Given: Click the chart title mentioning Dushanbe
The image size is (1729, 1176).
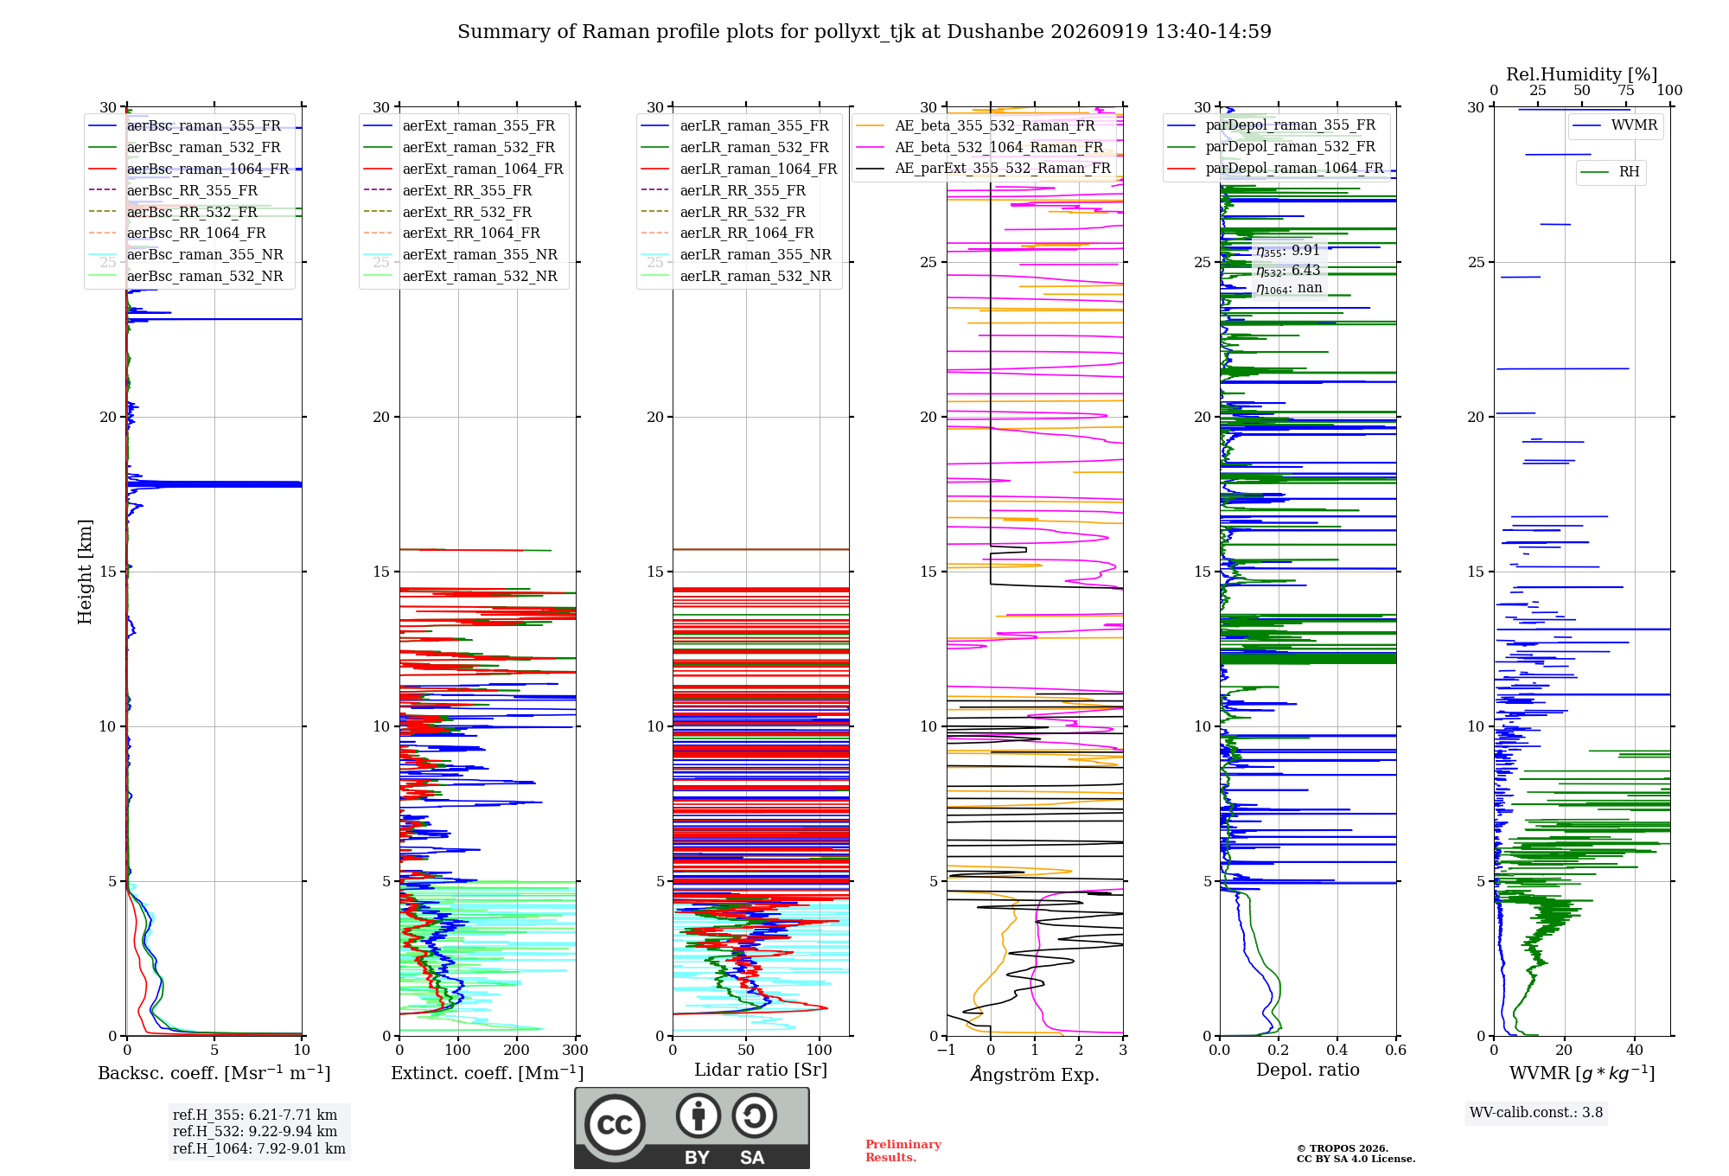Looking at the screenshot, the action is click(x=864, y=32).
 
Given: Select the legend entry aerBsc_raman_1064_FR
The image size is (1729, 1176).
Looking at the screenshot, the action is click(x=207, y=169).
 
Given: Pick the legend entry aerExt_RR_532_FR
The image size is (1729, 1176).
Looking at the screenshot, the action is click(x=467, y=212).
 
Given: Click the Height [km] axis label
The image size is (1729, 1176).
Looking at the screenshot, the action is click(x=85, y=572).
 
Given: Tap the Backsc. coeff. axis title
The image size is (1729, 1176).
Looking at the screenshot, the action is click(x=214, y=1073).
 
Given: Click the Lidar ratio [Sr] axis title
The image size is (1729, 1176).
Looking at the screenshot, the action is click(x=761, y=1071).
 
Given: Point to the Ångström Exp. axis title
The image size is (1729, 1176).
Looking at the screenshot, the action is click(x=1035, y=1074).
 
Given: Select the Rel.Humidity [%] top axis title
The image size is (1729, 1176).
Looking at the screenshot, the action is click(x=1582, y=74).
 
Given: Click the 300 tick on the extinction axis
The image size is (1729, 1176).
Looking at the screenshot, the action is click(x=576, y=1051).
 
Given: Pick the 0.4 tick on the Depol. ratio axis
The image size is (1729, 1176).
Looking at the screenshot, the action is click(x=1337, y=1051).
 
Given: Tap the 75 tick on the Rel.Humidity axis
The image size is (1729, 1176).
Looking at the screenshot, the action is click(x=1626, y=91).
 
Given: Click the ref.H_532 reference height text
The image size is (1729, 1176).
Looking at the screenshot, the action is click(x=255, y=1132).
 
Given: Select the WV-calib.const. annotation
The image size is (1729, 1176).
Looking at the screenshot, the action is click(x=1536, y=1113).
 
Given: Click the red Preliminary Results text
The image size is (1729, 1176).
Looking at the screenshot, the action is click(x=903, y=1151).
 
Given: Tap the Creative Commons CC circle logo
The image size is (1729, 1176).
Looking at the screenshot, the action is click(x=615, y=1125).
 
